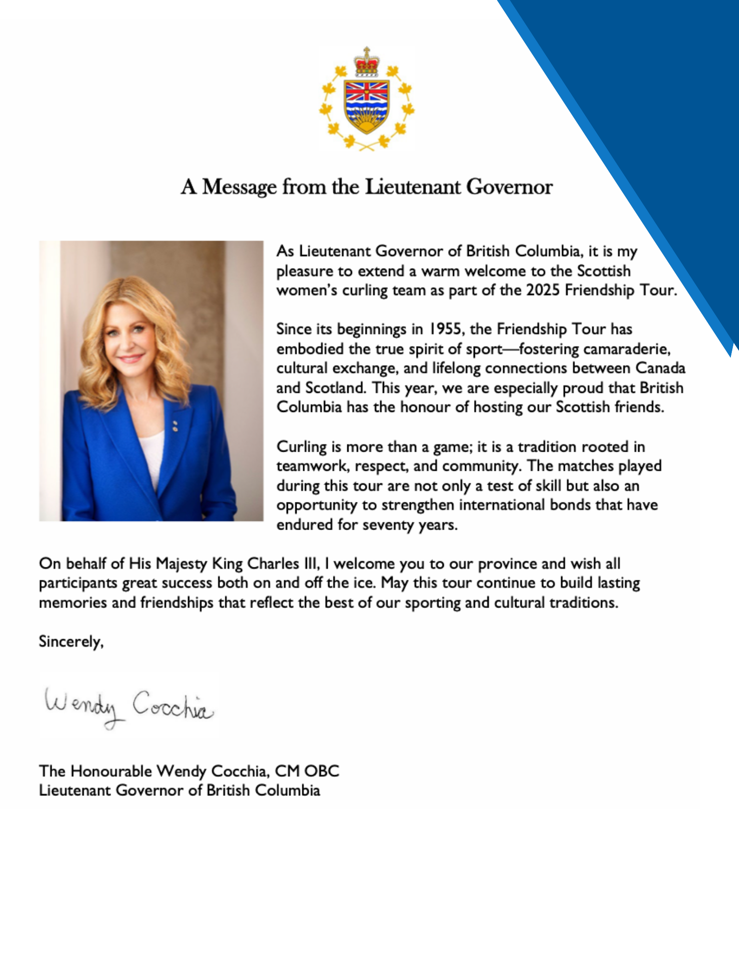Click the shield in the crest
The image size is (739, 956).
[366, 106]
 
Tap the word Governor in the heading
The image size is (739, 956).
[509, 187]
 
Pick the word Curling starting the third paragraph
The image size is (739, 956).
[301, 447]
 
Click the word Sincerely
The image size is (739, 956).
[71, 641]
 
